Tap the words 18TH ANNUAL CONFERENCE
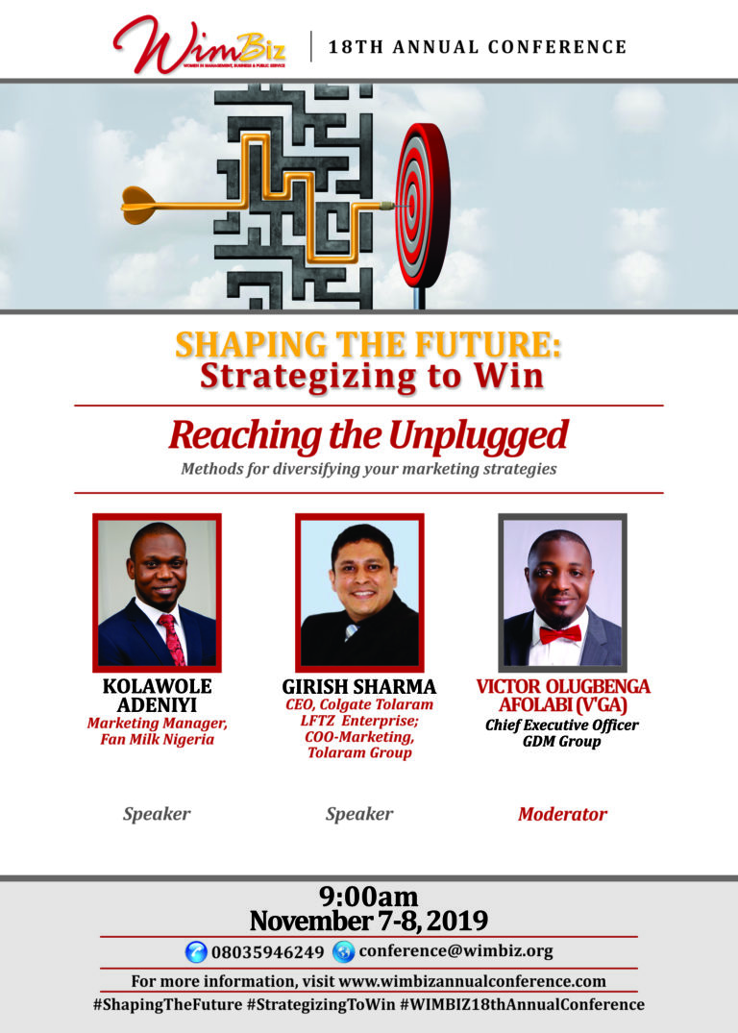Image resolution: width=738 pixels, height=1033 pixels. tap(478, 46)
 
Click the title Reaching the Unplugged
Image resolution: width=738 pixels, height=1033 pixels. tap(368, 435)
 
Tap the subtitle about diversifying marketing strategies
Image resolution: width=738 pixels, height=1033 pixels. tap(368, 470)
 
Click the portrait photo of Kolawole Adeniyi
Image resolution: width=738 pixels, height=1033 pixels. tap(157, 593)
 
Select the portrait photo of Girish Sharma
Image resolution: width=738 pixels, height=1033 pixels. tap(358, 593)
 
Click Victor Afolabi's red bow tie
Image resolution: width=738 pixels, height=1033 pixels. tap(560, 633)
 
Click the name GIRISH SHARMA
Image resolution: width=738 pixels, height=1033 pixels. tap(358, 687)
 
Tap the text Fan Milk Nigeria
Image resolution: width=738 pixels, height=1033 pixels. tap(157, 741)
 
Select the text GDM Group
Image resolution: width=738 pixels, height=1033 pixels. tap(562, 742)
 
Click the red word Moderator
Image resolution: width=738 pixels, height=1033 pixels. tap(562, 814)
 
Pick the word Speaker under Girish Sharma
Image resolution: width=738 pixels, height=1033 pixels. tap(358, 814)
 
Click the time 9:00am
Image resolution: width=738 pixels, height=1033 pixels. tap(368, 898)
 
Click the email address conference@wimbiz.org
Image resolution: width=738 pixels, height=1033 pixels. tap(455, 951)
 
